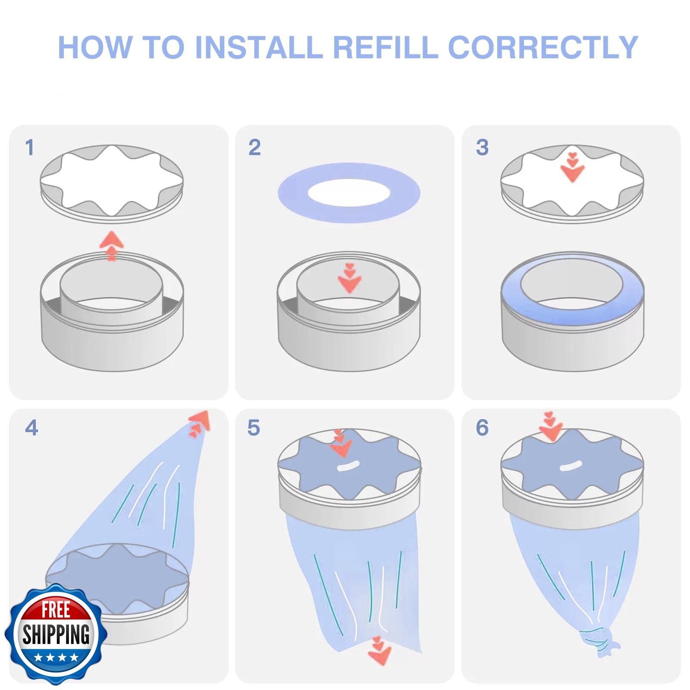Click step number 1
(x=29, y=147)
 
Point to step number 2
(x=254, y=147)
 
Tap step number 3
(x=482, y=147)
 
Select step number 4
(x=31, y=428)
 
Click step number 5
(x=254, y=428)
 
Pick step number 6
(x=482, y=428)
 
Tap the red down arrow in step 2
(x=349, y=278)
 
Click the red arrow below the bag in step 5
(x=379, y=650)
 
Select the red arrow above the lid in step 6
(x=551, y=426)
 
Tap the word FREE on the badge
(x=56, y=610)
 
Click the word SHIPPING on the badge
(x=56, y=634)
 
